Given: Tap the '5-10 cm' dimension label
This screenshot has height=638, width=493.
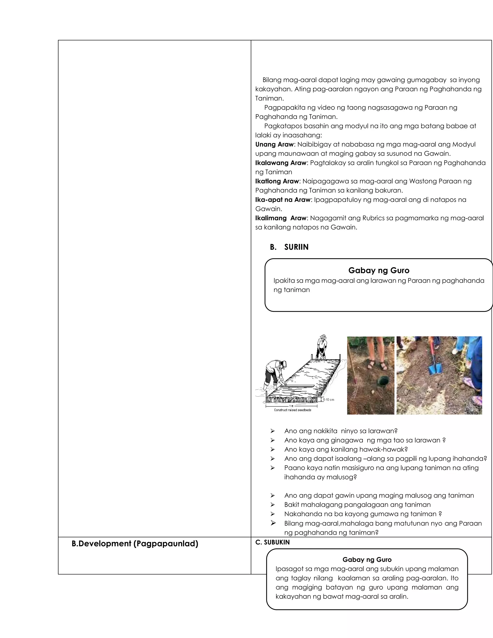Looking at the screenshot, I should [328, 400].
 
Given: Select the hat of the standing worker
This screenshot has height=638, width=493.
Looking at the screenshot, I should [323, 337].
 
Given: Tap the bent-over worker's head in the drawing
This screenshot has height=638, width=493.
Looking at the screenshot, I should [282, 365].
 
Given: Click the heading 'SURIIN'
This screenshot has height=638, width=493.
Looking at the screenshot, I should [296, 247].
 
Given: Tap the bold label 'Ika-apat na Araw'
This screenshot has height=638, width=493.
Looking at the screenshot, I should [282, 200].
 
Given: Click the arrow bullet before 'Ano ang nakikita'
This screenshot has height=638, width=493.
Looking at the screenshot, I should [272, 431].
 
